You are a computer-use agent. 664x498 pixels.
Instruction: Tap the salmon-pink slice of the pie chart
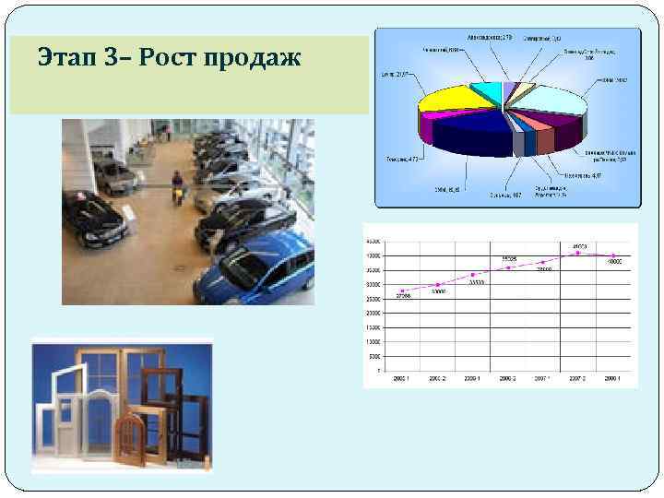point(544,136)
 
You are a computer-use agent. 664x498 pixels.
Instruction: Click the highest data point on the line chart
point(578,253)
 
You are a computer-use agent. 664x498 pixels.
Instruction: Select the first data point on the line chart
point(403,290)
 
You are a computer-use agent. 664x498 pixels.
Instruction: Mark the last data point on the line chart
point(613,255)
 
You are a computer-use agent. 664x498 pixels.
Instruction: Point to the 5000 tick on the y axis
point(373,356)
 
